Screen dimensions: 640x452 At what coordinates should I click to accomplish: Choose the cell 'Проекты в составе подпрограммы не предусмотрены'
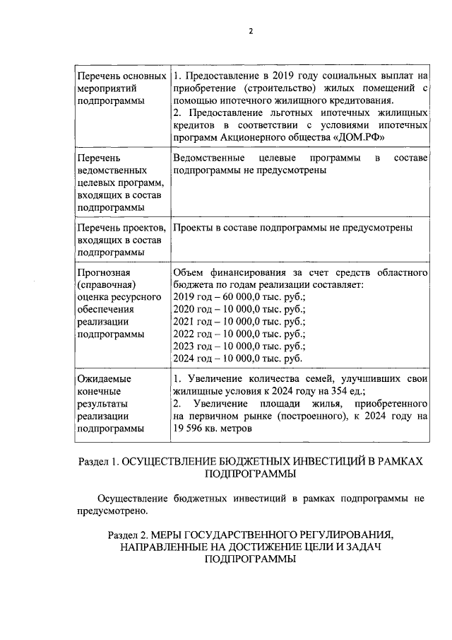tap(292, 227)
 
